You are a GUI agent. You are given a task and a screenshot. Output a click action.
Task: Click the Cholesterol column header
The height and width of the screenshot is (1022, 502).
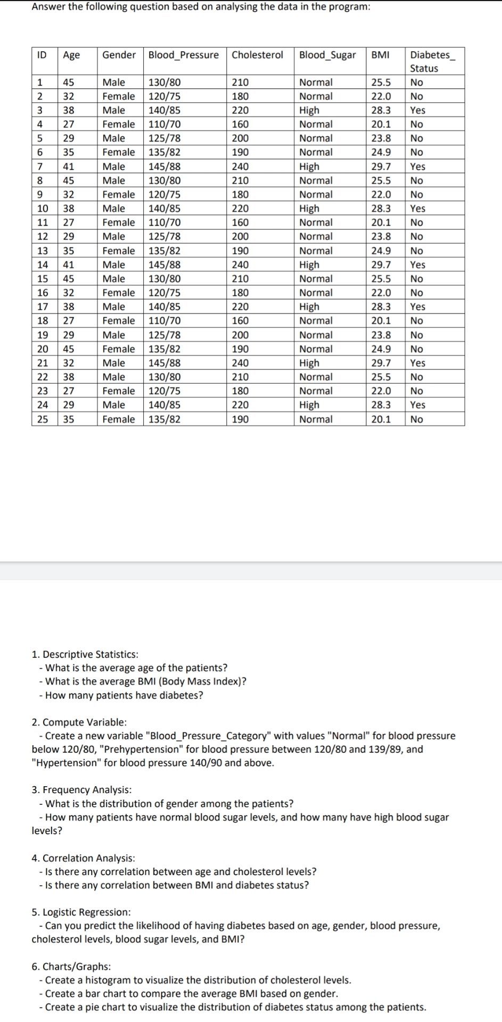pos(257,55)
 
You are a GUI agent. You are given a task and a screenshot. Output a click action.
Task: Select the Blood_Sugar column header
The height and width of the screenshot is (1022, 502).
pos(327,55)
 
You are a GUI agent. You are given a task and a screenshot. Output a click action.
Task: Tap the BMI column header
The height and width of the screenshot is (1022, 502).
pos(380,55)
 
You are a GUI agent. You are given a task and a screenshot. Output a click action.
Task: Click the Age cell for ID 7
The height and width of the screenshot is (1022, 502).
pos(69,166)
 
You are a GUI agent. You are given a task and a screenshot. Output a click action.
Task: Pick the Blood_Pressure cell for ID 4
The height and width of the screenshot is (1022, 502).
pos(164,124)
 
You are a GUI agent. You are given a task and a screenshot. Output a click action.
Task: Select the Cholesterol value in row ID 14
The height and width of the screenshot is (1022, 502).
pos(240,265)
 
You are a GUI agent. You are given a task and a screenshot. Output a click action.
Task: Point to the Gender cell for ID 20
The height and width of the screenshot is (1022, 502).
pos(118,349)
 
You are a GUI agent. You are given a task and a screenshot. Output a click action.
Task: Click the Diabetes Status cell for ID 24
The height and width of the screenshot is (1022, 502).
pos(417,405)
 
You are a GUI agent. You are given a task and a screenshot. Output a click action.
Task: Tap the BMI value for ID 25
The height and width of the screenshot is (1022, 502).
pos(381,419)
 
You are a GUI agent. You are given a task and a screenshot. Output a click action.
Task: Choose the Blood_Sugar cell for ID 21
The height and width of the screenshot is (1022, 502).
pos(309,362)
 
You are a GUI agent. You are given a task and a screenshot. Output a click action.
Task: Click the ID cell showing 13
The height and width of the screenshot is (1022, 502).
pos(43,251)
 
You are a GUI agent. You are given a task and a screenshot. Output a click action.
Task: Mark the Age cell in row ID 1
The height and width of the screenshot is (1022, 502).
pos(69,82)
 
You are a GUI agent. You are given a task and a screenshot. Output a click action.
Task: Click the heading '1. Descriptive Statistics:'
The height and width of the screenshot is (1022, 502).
pos(85,654)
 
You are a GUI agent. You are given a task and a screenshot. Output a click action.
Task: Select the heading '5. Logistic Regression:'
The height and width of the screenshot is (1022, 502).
pos(81,912)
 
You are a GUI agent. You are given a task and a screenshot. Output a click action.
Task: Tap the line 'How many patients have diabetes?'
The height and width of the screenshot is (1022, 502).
pos(124,695)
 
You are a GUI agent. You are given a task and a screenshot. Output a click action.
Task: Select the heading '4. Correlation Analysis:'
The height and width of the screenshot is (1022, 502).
pos(83,858)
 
